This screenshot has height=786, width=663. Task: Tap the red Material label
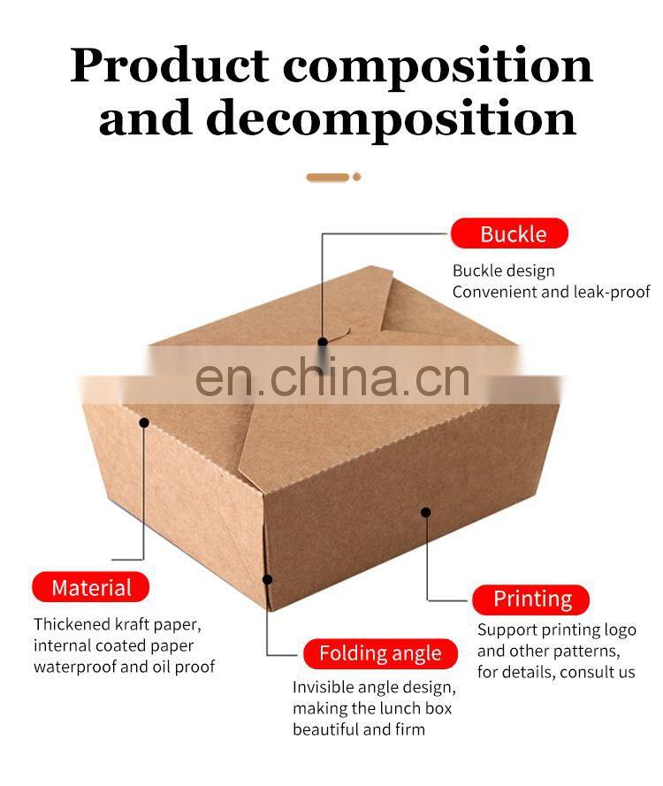click(x=91, y=588)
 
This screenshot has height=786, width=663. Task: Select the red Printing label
click(x=532, y=599)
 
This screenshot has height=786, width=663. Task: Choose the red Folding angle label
click(x=380, y=654)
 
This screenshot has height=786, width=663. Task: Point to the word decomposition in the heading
click(x=391, y=118)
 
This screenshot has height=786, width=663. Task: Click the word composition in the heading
click(x=438, y=66)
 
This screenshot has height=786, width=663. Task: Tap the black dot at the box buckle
click(x=324, y=341)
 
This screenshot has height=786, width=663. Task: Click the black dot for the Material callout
click(x=144, y=423)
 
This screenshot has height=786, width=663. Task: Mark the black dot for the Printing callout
click(x=426, y=512)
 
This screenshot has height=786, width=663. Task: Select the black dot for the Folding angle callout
click(x=267, y=579)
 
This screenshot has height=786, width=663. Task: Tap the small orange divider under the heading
click(x=332, y=177)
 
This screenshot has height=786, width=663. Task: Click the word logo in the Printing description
click(x=619, y=630)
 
